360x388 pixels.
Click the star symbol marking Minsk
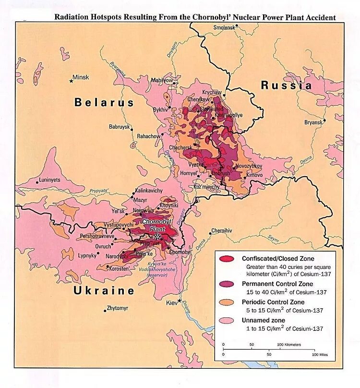(x=72, y=80)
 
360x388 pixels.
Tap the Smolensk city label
(x=224, y=27)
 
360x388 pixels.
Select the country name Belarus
(x=104, y=102)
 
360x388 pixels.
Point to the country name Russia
(x=286, y=85)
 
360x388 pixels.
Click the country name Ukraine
(x=104, y=291)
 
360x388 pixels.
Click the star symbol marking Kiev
(x=180, y=301)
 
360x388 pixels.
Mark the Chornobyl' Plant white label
(x=156, y=225)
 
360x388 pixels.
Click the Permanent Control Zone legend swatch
(x=227, y=285)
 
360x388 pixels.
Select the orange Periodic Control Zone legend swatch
(x=227, y=303)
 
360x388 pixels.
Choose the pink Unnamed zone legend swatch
(x=227, y=320)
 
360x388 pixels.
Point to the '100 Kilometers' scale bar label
(x=289, y=345)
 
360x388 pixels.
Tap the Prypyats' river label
(x=99, y=191)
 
